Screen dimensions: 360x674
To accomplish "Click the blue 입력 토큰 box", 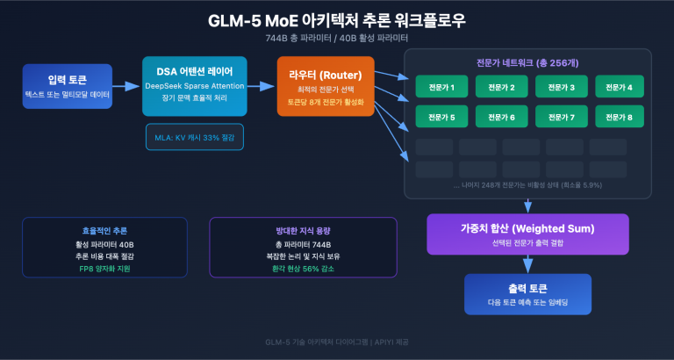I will pos(68,86).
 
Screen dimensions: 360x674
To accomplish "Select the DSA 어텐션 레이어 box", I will pos(194,86).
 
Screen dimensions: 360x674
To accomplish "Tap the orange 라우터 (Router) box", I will pos(326,86).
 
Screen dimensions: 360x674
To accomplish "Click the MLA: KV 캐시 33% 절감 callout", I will pos(194,137).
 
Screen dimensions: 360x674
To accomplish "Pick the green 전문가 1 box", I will pos(441,87).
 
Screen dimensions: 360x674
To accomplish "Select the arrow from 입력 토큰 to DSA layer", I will pos(127,86).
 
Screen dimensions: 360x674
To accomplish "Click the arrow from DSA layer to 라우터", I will pos(261,86).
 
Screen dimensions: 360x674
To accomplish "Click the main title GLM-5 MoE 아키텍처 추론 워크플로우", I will pos(337,20).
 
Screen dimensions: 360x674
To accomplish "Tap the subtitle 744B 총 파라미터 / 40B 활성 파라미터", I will pos(337,38).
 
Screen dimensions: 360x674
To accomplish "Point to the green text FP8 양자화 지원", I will pos(104,267).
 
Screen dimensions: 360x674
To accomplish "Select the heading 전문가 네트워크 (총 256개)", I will pos(527,63).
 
